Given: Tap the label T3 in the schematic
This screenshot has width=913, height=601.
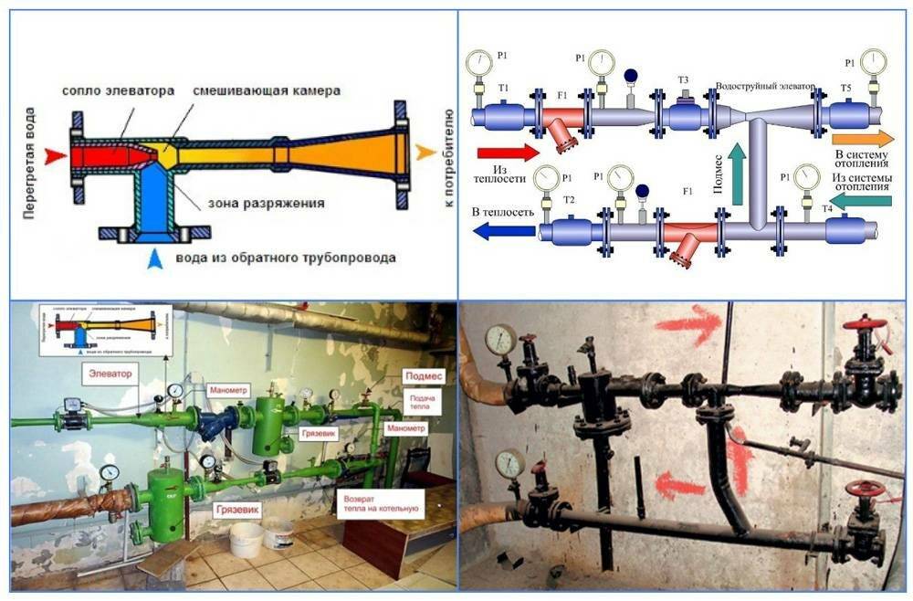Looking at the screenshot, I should [x=683, y=79].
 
